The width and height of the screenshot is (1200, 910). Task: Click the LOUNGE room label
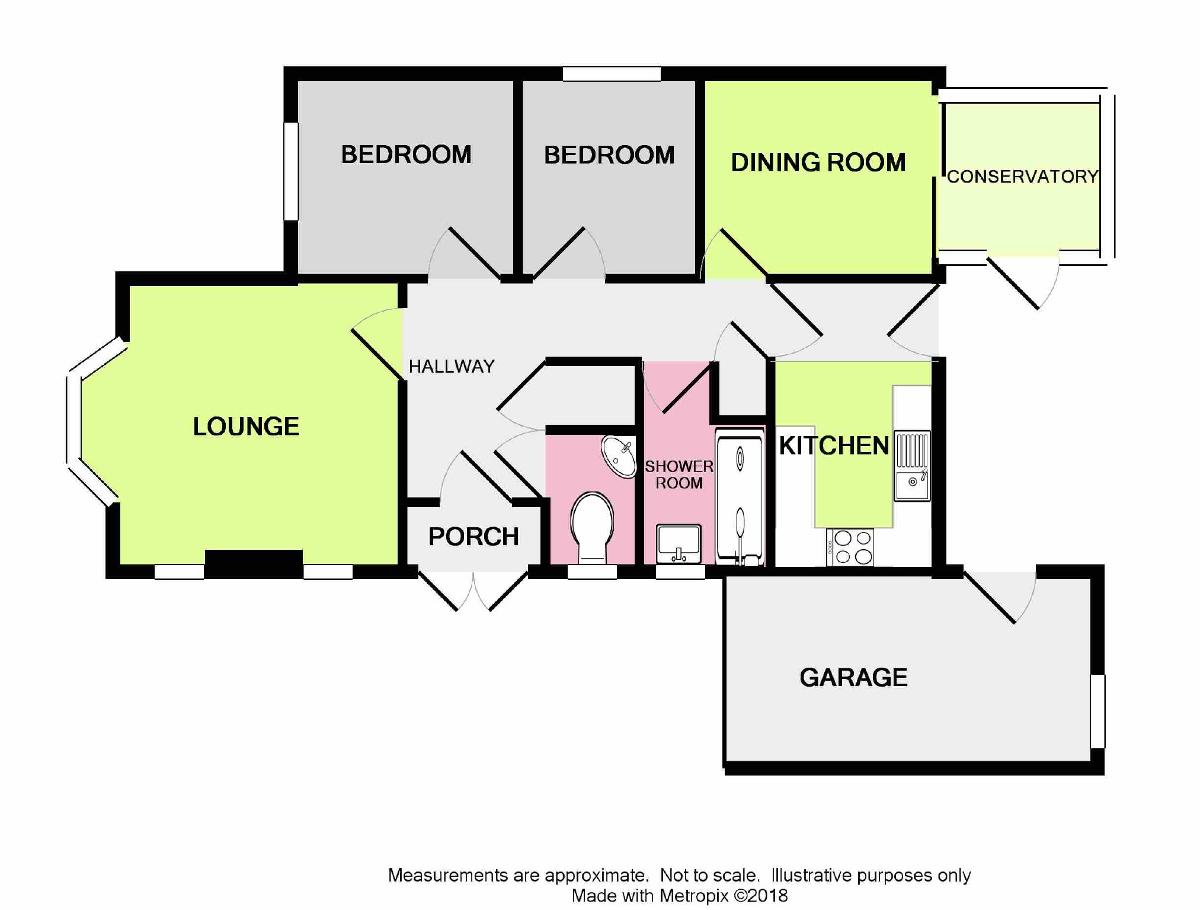tap(246, 427)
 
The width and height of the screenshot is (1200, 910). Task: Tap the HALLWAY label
tap(452, 367)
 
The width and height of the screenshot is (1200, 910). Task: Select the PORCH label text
tap(473, 537)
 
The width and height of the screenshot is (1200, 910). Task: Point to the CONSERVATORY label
tap(1023, 177)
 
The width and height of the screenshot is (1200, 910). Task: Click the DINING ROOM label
tap(818, 162)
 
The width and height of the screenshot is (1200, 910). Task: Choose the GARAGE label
tap(853, 677)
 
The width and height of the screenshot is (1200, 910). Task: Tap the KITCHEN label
tap(834, 446)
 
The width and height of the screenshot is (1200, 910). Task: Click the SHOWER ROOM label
tap(679, 475)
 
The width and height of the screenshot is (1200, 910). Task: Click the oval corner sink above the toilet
tap(619, 456)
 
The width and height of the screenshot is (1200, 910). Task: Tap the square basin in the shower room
tap(679, 543)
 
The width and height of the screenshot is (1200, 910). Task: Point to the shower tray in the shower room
tap(740, 496)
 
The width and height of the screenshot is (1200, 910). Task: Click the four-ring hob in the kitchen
tap(850, 547)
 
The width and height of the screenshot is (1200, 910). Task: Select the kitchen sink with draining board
tap(912, 466)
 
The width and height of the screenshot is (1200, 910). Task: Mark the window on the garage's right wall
tap(1097, 711)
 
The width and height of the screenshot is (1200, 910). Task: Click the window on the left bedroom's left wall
tap(291, 171)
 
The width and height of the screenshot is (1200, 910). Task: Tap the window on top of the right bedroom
tap(612, 73)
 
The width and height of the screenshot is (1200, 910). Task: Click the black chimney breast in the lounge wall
tap(254, 563)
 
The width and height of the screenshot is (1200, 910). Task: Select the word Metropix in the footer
tap(693, 896)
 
